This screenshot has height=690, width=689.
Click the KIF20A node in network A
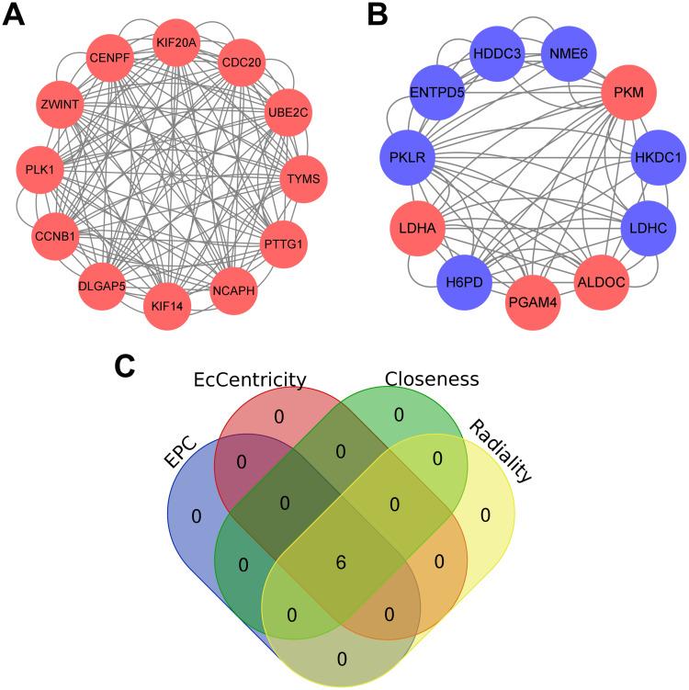177,42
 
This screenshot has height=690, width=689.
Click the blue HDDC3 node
497,54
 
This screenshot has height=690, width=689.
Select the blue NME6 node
568,53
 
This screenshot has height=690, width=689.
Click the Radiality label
503,451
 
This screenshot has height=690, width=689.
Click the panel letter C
128,366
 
